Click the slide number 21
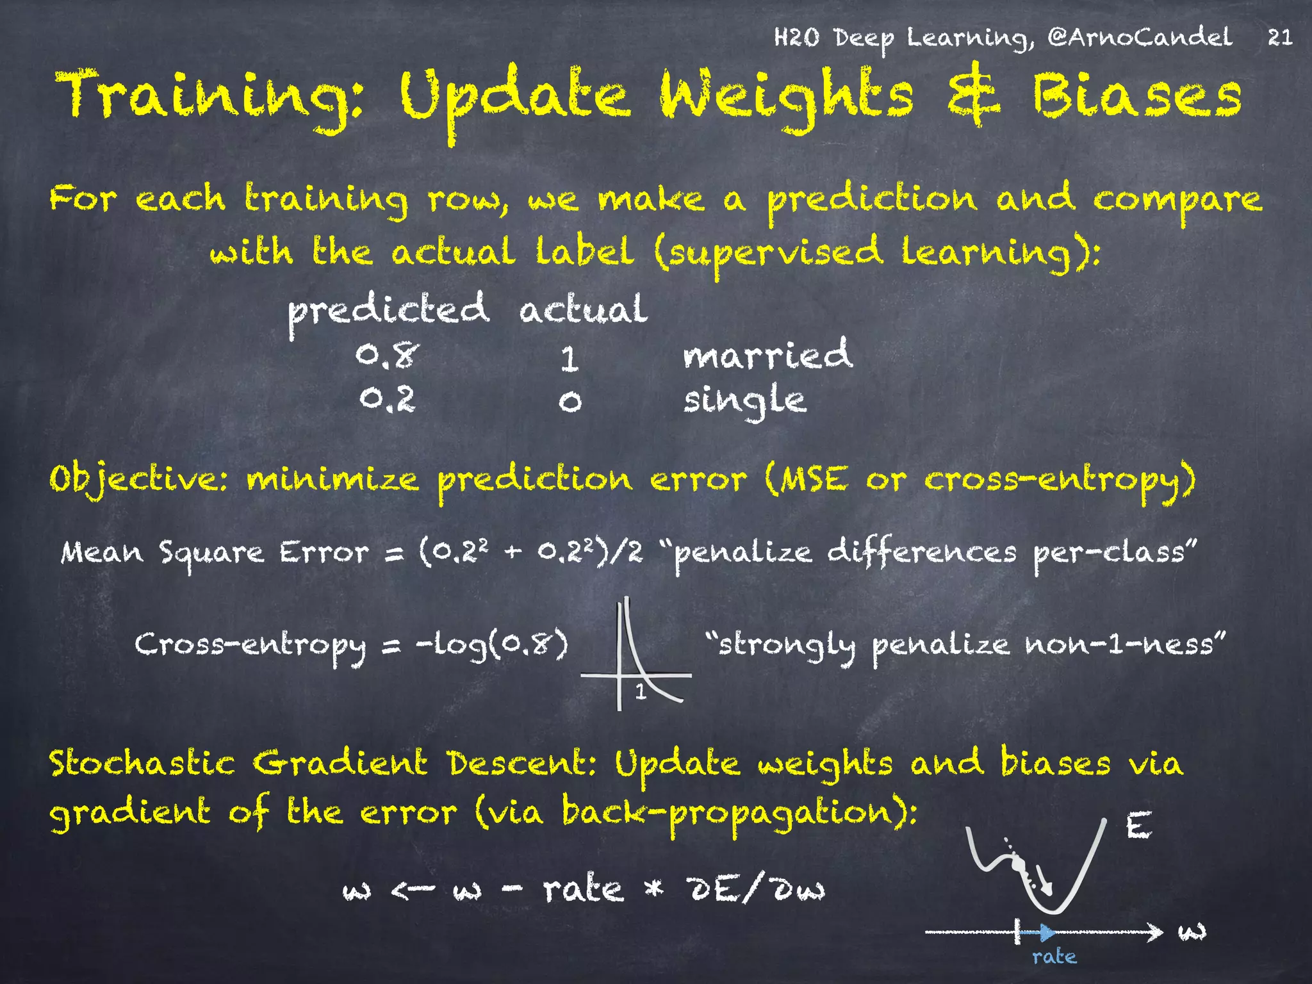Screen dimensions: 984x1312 click(x=1279, y=37)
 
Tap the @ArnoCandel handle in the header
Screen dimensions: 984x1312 click(x=1140, y=37)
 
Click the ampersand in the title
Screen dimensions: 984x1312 click(x=973, y=95)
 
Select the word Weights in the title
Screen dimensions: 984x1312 click(x=787, y=97)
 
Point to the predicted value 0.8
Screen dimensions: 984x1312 click(x=388, y=356)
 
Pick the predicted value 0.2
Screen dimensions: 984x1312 click(x=388, y=399)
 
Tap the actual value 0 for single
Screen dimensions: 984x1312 click(x=570, y=402)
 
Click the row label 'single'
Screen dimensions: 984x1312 click(x=744, y=401)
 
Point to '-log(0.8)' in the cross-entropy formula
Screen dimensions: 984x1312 click(x=492, y=644)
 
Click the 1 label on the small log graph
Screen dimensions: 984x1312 click(x=640, y=692)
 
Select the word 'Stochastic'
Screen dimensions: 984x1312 click(x=142, y=764)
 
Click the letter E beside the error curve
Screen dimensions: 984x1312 click(x=1138, y=826)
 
